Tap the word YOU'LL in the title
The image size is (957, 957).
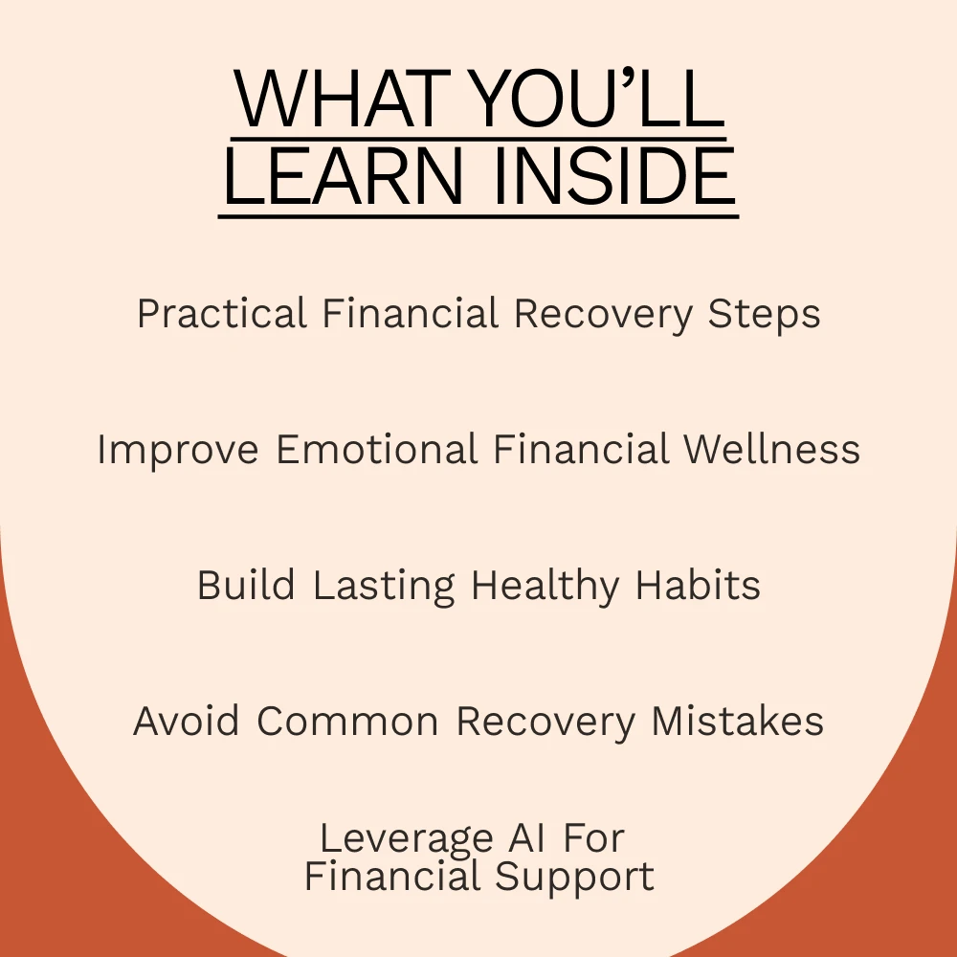pos(598,98)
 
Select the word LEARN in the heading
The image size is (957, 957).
pos(344,175)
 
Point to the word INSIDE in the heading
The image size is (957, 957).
pos(614,175)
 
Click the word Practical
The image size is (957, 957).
pos(222,314)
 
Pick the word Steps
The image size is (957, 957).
pos(764,315)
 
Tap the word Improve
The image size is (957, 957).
pos(178,450)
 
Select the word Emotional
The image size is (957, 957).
pos(376,449)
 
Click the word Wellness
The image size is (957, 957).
pos(771,449)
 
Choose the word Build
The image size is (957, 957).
pos(246,585)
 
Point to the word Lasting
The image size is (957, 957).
pos(384,586)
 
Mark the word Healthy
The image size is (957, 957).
pos(545,586)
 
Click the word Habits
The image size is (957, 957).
pos(699,585)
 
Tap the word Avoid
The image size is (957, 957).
pos(187,721)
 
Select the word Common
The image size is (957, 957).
pos(347,722)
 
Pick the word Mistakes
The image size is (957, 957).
pos(738,721)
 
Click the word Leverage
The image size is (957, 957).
pos(407,838)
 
